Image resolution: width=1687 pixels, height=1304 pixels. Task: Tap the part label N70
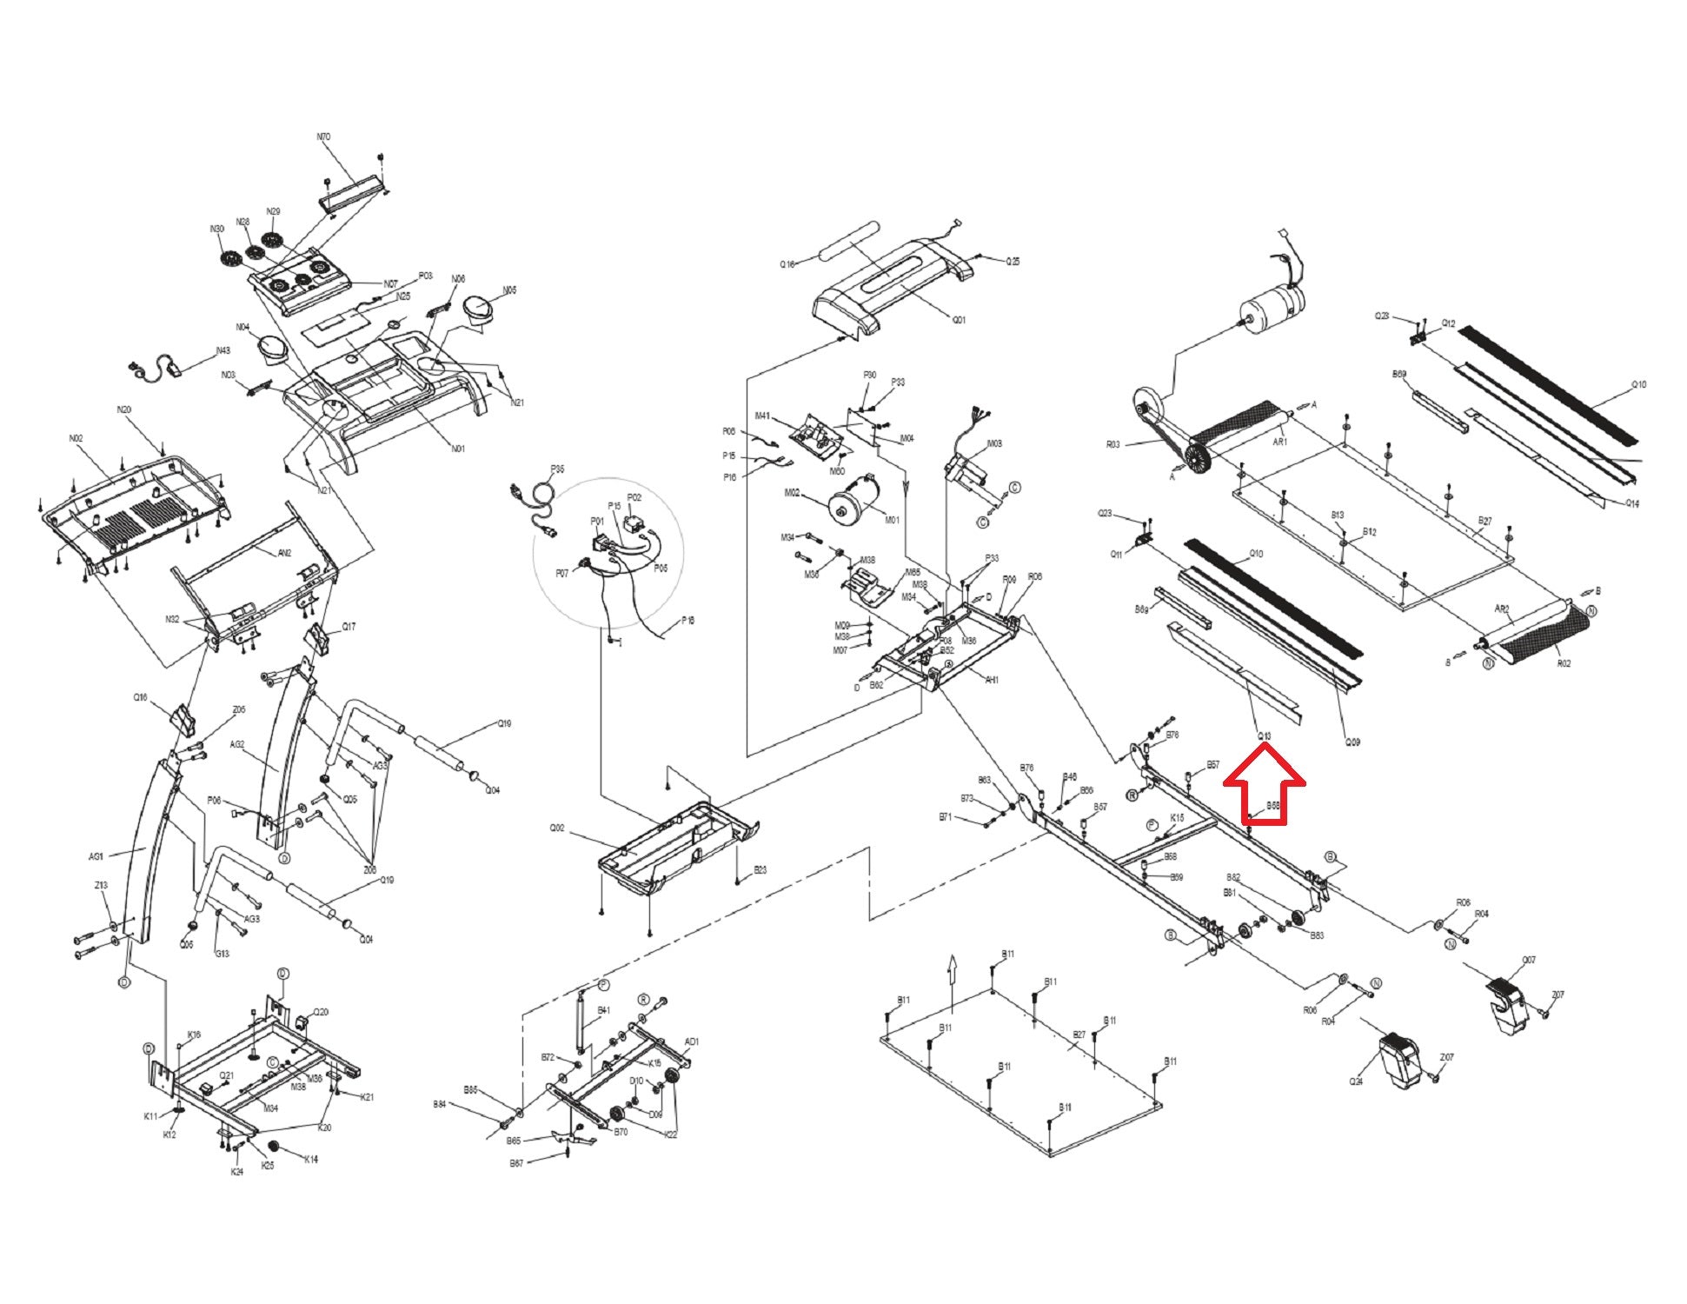[x=323, y=136]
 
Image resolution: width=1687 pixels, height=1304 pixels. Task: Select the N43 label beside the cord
[x=222, y=351]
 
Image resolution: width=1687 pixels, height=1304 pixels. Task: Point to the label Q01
[x=959, y=320]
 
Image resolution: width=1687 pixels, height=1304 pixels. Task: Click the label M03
[x=994, y=443]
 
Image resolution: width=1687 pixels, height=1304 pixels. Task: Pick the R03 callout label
[x=1113, y=444]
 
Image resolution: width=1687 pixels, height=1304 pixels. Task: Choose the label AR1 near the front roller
[x=1279, y=442]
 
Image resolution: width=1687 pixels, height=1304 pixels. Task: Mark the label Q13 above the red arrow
[x=1265, y=736]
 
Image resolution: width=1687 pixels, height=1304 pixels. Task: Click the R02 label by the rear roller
[x=1564, y=663]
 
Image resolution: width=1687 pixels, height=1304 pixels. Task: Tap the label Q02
[x=557, y=828]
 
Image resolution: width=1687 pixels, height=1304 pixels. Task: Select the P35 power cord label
[x=557, y=469]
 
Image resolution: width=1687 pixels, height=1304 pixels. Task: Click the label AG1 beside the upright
[x=96, y=856]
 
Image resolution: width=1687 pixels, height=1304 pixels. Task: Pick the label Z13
[x=101, y=886]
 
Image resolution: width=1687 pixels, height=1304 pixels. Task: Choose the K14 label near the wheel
[x=310, y=1159]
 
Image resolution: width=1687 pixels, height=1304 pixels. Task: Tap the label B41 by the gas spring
[x=604, y=1011]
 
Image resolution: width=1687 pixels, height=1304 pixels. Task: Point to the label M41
[x=762, y=416]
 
